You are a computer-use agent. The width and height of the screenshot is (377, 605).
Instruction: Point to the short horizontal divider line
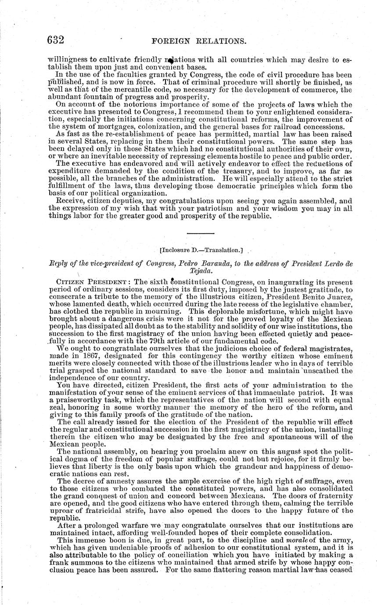(x=201, y=233)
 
